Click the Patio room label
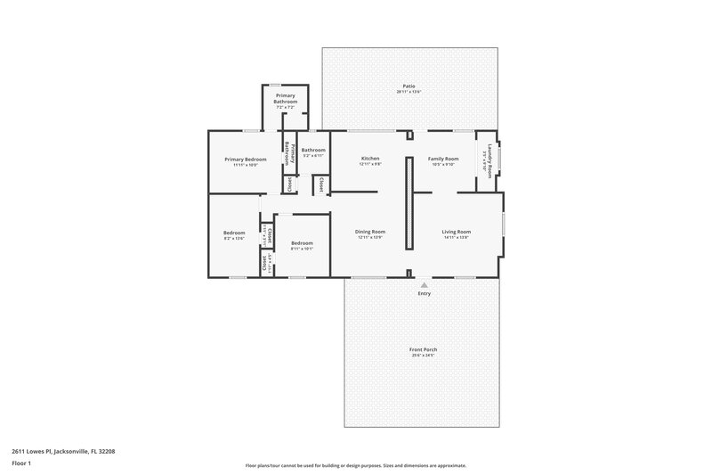pyautogui.click(x=409, y=86)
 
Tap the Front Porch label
pyautogui.click(x=424, y=349)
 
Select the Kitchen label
pyautogui.click(x=369, y=159)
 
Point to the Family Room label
pyautogui.click(x=442, y=159)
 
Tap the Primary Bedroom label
pyautogui.click(x=239, y=159)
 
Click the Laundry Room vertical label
pyautogui.click(x=489, y=160)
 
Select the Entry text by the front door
pyautogui.click(x=424, y=294)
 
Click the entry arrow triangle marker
pyautogui.click(x=424, y=284)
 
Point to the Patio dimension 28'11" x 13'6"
pyautogui.click(x=409, y=92)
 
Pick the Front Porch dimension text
pyautogui.click(x=424, y=356)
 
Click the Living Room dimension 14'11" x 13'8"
pyautogui.click(x=456, y=238)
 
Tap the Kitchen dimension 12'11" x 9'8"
pyautogui.click(x=369, y=165)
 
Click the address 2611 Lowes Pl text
pyautogui.click(x=63, y=451)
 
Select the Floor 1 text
pyautogui.click(x=21, y=464)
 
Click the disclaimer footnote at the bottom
pyautogui.click(x=355, y=465)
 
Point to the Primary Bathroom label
pyautogui.click(x=286, y=98)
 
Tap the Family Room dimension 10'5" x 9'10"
pyautogui.click(x=442, y=165)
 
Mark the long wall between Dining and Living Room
pyautogui.click(x=409, y=203)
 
